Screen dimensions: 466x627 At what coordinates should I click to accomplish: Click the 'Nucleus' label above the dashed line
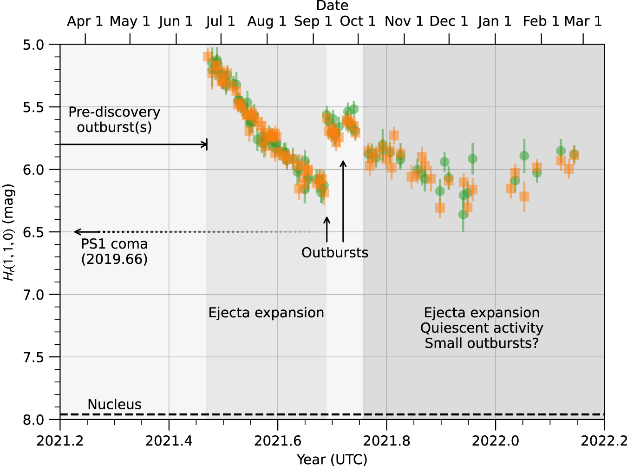114,404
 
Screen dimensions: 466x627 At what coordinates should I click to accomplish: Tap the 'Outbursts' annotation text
334,252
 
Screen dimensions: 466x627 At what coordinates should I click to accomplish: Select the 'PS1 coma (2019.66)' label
114,251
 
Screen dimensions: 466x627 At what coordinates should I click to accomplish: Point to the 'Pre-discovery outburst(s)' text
114,119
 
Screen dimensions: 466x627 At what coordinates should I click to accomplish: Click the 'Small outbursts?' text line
482,343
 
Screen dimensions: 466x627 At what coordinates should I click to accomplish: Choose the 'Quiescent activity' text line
482,328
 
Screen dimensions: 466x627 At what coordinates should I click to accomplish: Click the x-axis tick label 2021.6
278,440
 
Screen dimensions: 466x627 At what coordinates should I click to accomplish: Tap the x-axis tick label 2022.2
604,440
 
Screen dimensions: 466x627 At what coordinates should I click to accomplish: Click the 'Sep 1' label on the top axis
313,21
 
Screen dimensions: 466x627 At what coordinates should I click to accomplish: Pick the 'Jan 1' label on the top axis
495,21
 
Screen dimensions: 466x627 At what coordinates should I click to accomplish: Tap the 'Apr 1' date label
85,21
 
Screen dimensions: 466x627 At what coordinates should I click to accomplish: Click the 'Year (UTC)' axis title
332,459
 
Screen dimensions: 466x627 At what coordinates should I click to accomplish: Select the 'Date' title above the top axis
332,6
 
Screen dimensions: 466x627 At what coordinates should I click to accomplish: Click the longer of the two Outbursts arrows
343,200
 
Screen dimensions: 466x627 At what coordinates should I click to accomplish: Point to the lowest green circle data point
463,214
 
